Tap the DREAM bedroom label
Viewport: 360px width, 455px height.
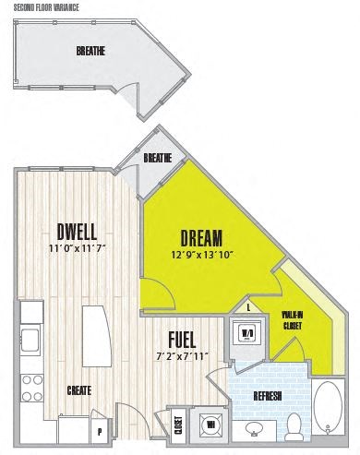click(x=201, y=236)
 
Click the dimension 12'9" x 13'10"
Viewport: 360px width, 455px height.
click(x=201, y=254)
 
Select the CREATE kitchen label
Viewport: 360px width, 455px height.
click(x=78, y=390)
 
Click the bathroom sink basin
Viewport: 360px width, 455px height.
click(x=253, y=428)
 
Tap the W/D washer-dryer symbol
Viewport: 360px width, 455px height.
click(x=247, y=332)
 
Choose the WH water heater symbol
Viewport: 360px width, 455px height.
click(x=211, y=425)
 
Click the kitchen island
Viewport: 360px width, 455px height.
click(x=95, y=331)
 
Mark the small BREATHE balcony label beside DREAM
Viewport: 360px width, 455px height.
click(x=158, y=158)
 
